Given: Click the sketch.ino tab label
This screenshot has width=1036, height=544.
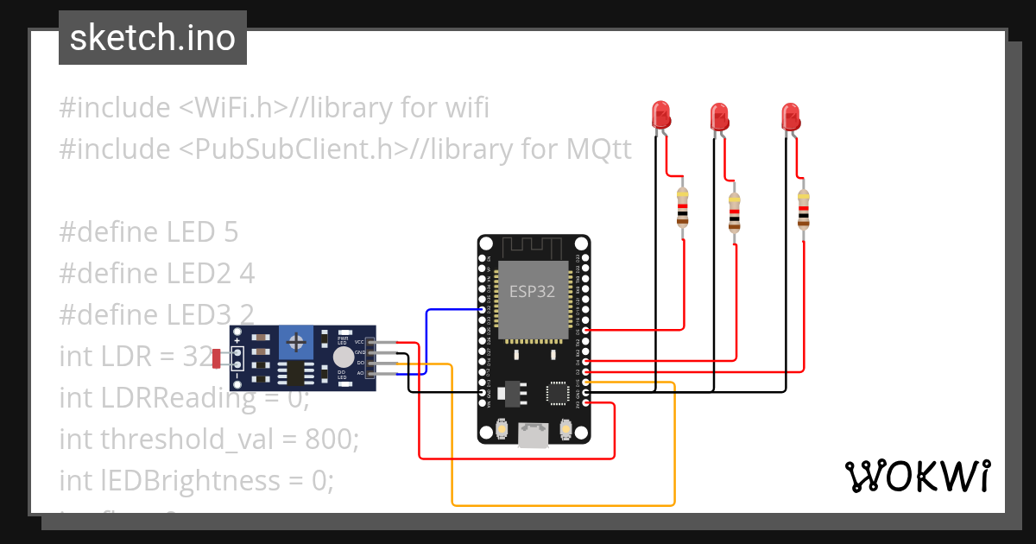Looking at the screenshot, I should (x=152, y=38).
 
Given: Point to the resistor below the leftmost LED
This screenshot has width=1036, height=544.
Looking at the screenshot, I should (x=683, y=207).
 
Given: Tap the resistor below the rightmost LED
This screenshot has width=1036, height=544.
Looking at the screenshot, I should (x=804, y=209).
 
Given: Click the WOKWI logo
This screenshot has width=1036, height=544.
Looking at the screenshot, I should (x=916, y=476).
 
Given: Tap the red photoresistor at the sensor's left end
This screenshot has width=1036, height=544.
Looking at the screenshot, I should (x=217, y=358).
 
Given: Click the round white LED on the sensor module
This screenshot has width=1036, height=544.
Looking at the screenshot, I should (x=343, y=357).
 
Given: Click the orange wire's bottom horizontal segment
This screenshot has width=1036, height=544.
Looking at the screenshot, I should (x=561, y=504).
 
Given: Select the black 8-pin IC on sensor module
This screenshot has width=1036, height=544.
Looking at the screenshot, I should (x=297, y=373).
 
